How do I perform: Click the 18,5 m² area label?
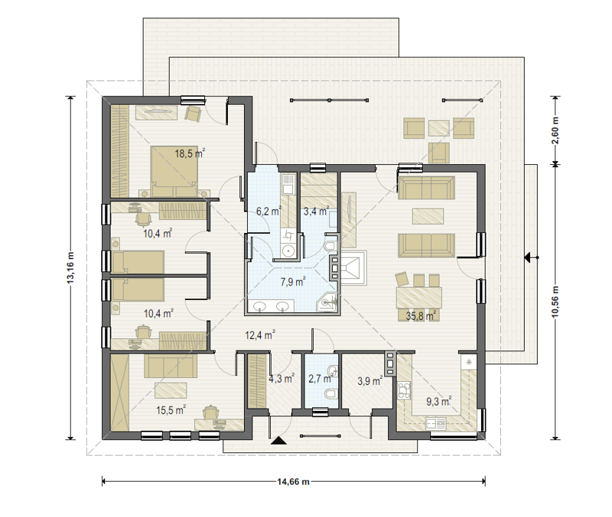tap(190, 153)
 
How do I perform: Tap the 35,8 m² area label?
tap(421, 315)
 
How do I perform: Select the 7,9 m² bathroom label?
tap(293, 281)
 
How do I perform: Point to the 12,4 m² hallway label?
tap(260, 334)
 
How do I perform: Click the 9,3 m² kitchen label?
tap(439, 401)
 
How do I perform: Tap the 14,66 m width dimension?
tap(294, 482)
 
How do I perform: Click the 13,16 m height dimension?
tap(70, 268)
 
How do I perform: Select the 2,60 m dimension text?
tap(555, 130)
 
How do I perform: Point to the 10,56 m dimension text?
tap(555, 302)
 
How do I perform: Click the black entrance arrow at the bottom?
tap(278, 440)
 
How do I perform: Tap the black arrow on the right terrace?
tap(529, 257)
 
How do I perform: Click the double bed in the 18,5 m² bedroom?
tap(174, 171)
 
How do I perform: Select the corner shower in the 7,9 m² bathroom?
tap(328, 302)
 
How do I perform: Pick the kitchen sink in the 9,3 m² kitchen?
tap(435, 423)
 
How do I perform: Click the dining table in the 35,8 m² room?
tap(418, 298)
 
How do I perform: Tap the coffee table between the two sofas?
tap(428, 216)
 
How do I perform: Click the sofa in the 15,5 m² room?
tap(169, 366)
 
